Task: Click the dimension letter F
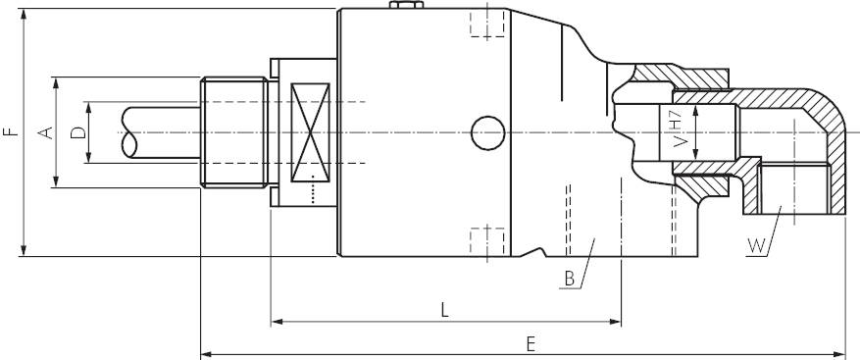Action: click(9, 131)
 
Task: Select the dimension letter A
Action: click(44, 132)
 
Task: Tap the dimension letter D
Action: click(77, 132)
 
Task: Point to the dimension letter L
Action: click(444, 310)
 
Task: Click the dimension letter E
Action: click(531, 343)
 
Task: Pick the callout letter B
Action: click(569, 279)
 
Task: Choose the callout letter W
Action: click(755, 245)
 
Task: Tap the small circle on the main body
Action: click(486, 131)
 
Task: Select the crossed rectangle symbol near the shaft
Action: click(313, 131)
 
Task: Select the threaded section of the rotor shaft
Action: click(234, 132)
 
